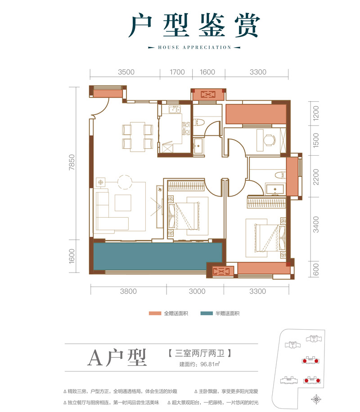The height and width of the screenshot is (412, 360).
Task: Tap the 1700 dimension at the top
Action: pos(176,72)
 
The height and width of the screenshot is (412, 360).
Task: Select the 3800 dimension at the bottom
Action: pos(128,291)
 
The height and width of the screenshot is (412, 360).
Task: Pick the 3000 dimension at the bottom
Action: pos(197,291)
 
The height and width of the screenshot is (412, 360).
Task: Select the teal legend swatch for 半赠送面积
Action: pos(210,313)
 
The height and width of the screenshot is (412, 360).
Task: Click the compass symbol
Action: pos(318,398)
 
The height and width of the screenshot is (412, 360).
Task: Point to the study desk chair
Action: pos(269,140)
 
